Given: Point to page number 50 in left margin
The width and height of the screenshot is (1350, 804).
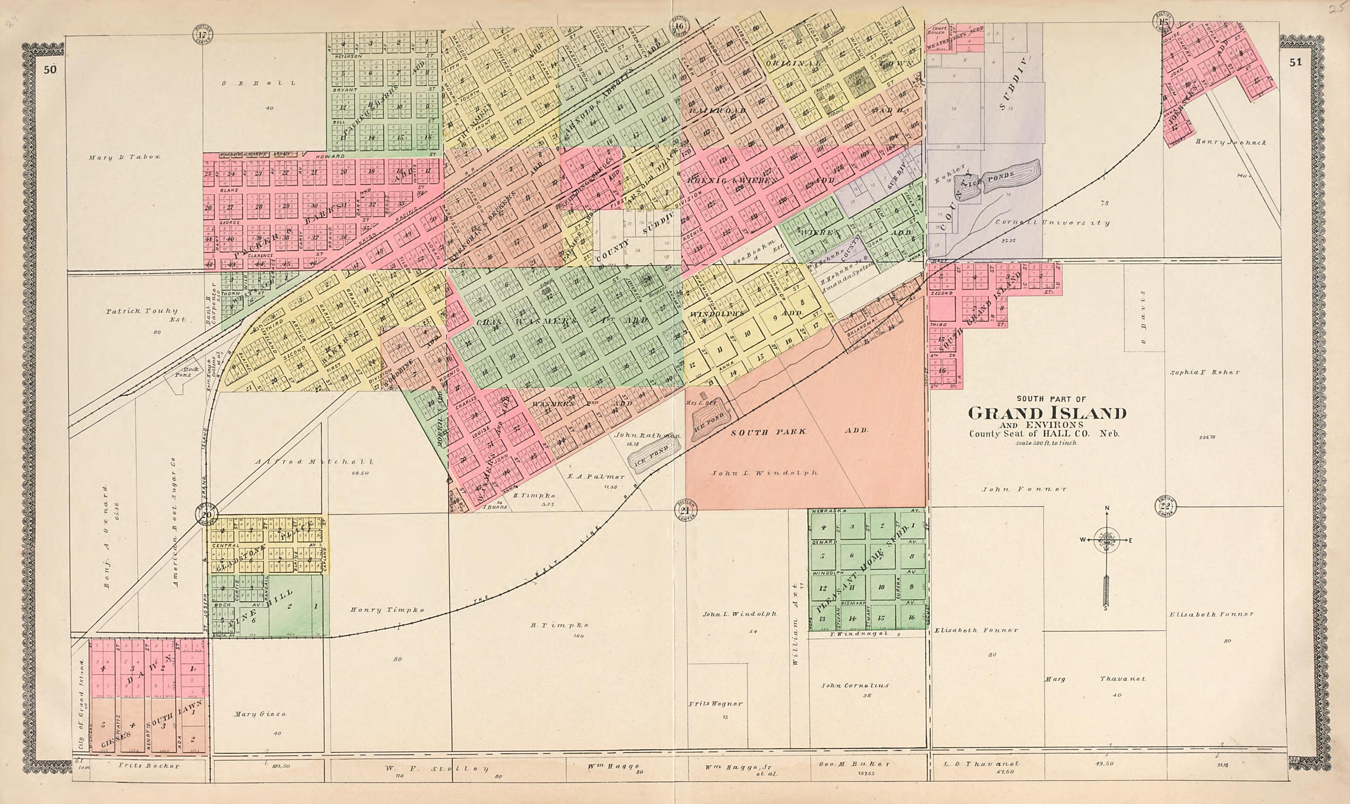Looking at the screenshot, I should click(51, 69).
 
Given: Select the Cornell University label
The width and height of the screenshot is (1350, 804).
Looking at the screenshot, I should click(1053, 223).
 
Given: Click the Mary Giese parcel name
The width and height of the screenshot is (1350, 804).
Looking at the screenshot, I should click(260, 714).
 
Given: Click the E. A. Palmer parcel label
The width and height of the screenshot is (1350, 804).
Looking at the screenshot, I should click(596, 477).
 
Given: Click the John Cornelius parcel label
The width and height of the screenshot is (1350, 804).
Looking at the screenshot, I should click(855, 685).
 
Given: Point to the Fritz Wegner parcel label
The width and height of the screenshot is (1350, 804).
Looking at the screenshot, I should click(715, 704).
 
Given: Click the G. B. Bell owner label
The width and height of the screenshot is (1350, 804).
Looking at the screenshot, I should click(259, 83).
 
